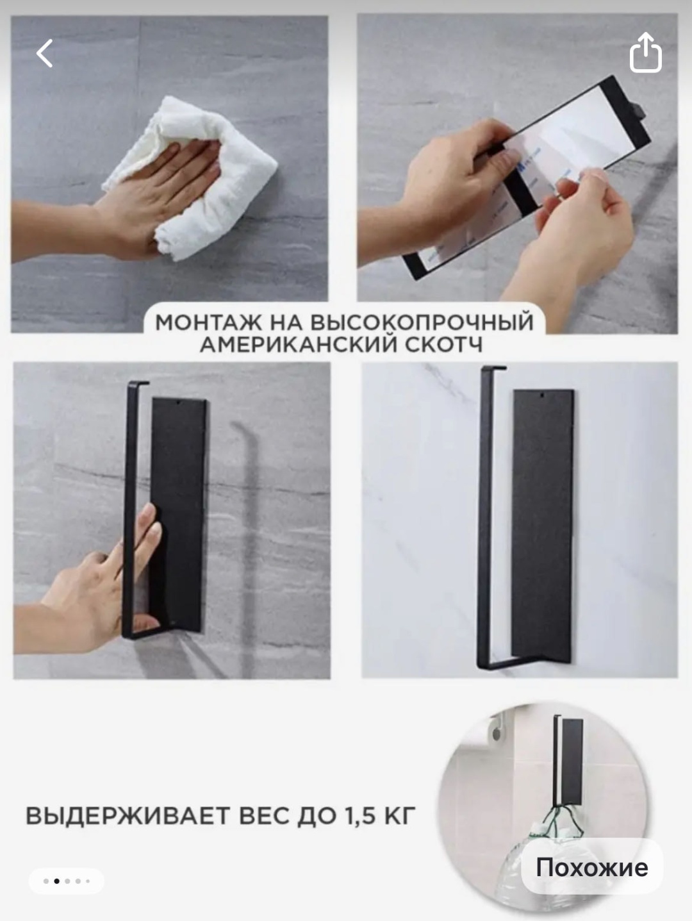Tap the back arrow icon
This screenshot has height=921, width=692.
coord(44,53)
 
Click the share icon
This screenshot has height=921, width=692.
coord(645,52)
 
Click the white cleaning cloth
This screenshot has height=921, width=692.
coord(190,176)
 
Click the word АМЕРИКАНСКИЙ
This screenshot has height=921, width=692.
coord(299,345)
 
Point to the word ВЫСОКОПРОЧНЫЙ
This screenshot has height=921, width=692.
coord(422,323)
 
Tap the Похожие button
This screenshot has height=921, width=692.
coord(592,867)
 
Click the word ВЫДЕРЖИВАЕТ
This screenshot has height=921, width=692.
coord(128,816)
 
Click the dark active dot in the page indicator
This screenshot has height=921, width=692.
coord(56,881)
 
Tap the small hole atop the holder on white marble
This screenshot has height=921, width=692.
coord(543,395)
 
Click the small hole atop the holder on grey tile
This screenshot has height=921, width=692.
coord(179,403)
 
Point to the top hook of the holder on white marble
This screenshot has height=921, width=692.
coord(493,369)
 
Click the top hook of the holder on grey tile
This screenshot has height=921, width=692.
coord(138,383)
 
